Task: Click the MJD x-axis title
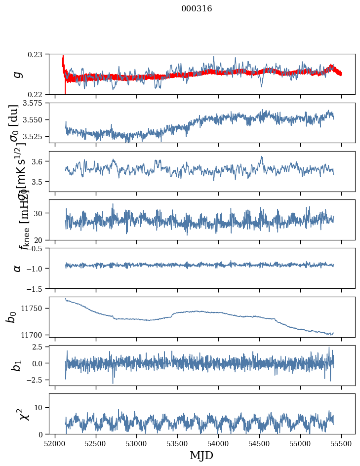[x=201, y=455]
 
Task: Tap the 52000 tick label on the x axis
[x=55, y=443]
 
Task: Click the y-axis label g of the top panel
[x=18, y=74]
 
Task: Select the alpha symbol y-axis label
[x=18, y=268]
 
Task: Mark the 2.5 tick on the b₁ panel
[x=40, y=347]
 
